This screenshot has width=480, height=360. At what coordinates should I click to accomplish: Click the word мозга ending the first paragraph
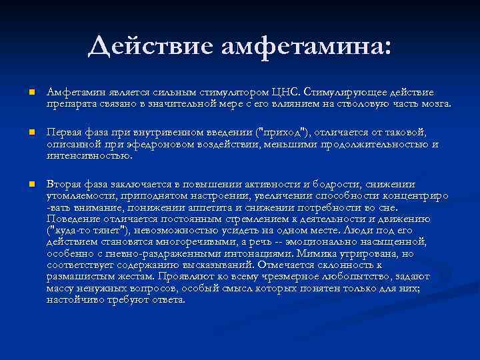click(x=435, y=104)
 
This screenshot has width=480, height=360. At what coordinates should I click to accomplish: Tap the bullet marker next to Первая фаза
click(x=25, y=133)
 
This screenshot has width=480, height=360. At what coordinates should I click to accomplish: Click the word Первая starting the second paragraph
click(x=65, y=132)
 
